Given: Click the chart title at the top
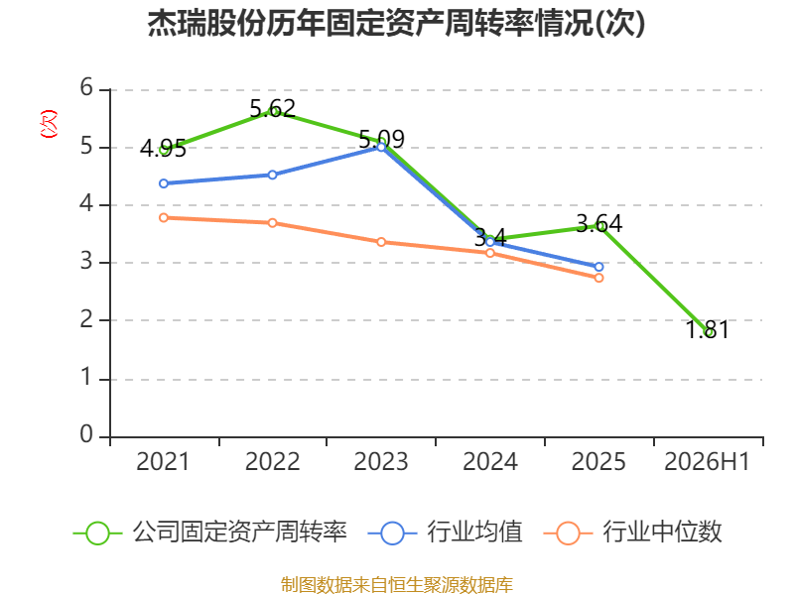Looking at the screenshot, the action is (396, 23).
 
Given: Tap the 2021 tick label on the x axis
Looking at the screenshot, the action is (163, 461).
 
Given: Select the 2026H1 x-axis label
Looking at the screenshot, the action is (707, 461).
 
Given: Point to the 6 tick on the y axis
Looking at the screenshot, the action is (86, 87).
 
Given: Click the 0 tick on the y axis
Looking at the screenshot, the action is (86, 434).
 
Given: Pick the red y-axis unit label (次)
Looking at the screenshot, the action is (49, 124).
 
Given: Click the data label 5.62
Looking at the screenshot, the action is (272, 108).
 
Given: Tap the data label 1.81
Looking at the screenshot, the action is (708, 330).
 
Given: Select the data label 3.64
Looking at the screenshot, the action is (599, 224).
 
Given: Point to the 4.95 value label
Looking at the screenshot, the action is (163, 148).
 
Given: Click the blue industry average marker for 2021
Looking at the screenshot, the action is (164, 183).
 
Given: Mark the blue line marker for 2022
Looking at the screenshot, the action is (272, 176).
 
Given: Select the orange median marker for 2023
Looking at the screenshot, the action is (381, 242).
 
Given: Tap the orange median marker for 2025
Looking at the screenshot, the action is (599, 278).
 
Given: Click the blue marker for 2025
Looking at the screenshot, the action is (599, 267).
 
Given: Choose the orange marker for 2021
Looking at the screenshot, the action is (164, 217).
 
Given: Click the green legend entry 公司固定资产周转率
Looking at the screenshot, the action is (210, 533).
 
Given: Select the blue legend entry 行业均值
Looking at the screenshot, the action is (445, 533).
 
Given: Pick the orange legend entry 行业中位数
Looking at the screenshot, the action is (632, 533).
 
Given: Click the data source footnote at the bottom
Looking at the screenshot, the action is (397, 585).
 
